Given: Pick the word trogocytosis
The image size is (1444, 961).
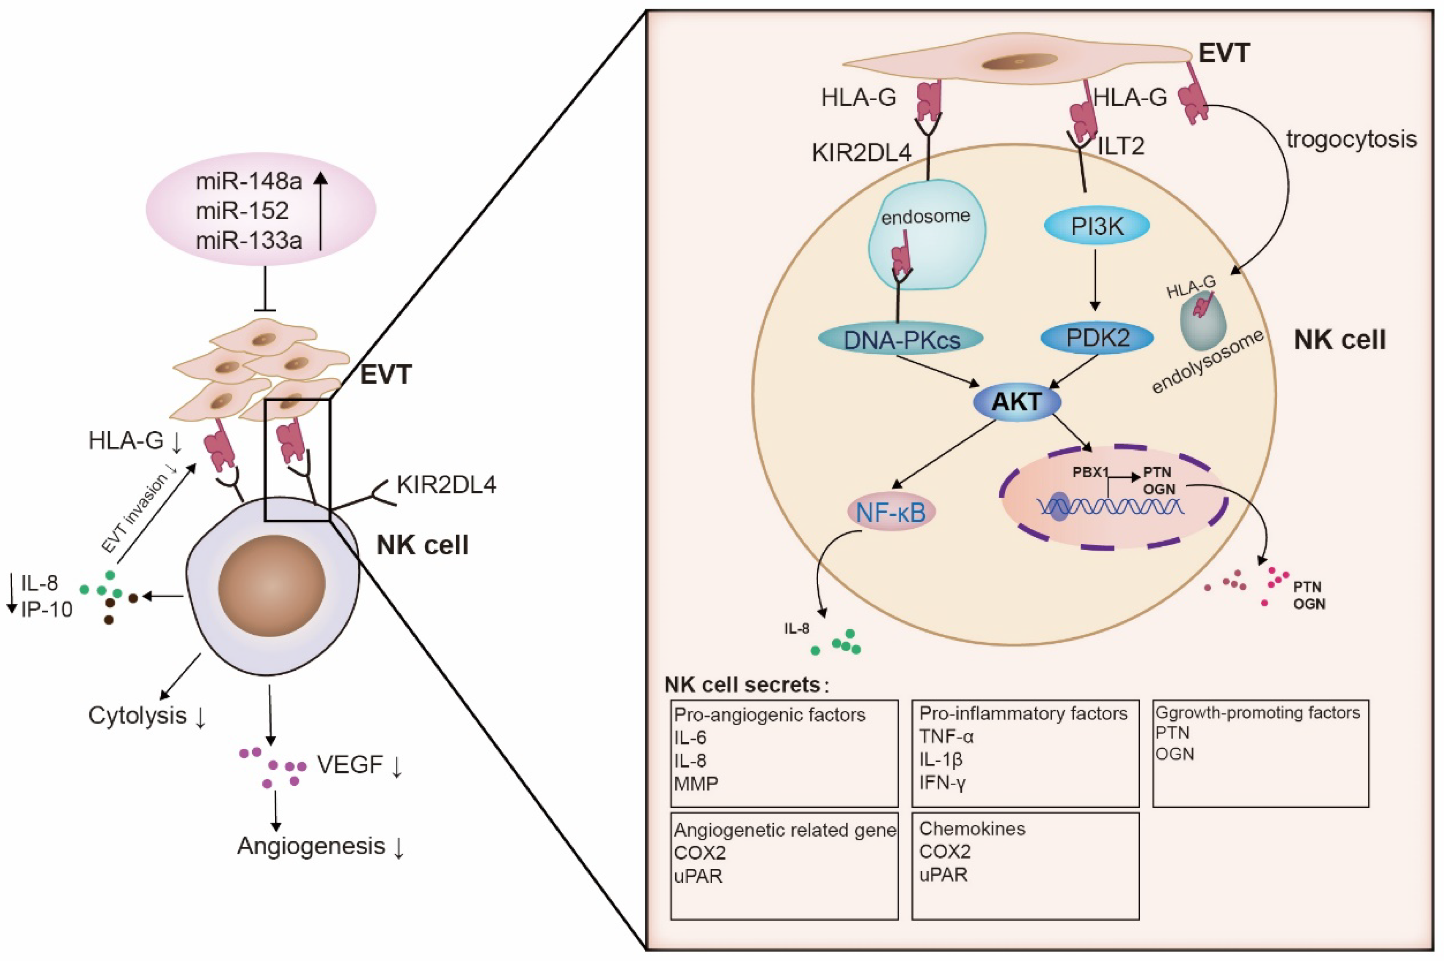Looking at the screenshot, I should tap(1351, 140).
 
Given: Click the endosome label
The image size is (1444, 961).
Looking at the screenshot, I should tap(925, 216).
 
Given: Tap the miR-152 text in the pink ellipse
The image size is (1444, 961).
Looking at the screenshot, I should tap(242, 211).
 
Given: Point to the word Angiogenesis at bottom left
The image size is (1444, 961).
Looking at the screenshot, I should tap(311, 846).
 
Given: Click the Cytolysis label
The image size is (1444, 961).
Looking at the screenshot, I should tap(138, 715).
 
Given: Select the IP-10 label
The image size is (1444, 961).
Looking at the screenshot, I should tap(47, 609).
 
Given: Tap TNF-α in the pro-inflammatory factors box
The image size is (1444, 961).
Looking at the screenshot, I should tap(946, 736).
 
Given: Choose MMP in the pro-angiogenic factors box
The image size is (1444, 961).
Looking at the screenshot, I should tap(696, 783).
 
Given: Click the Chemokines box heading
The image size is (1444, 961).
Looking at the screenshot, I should tap(972, 829).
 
